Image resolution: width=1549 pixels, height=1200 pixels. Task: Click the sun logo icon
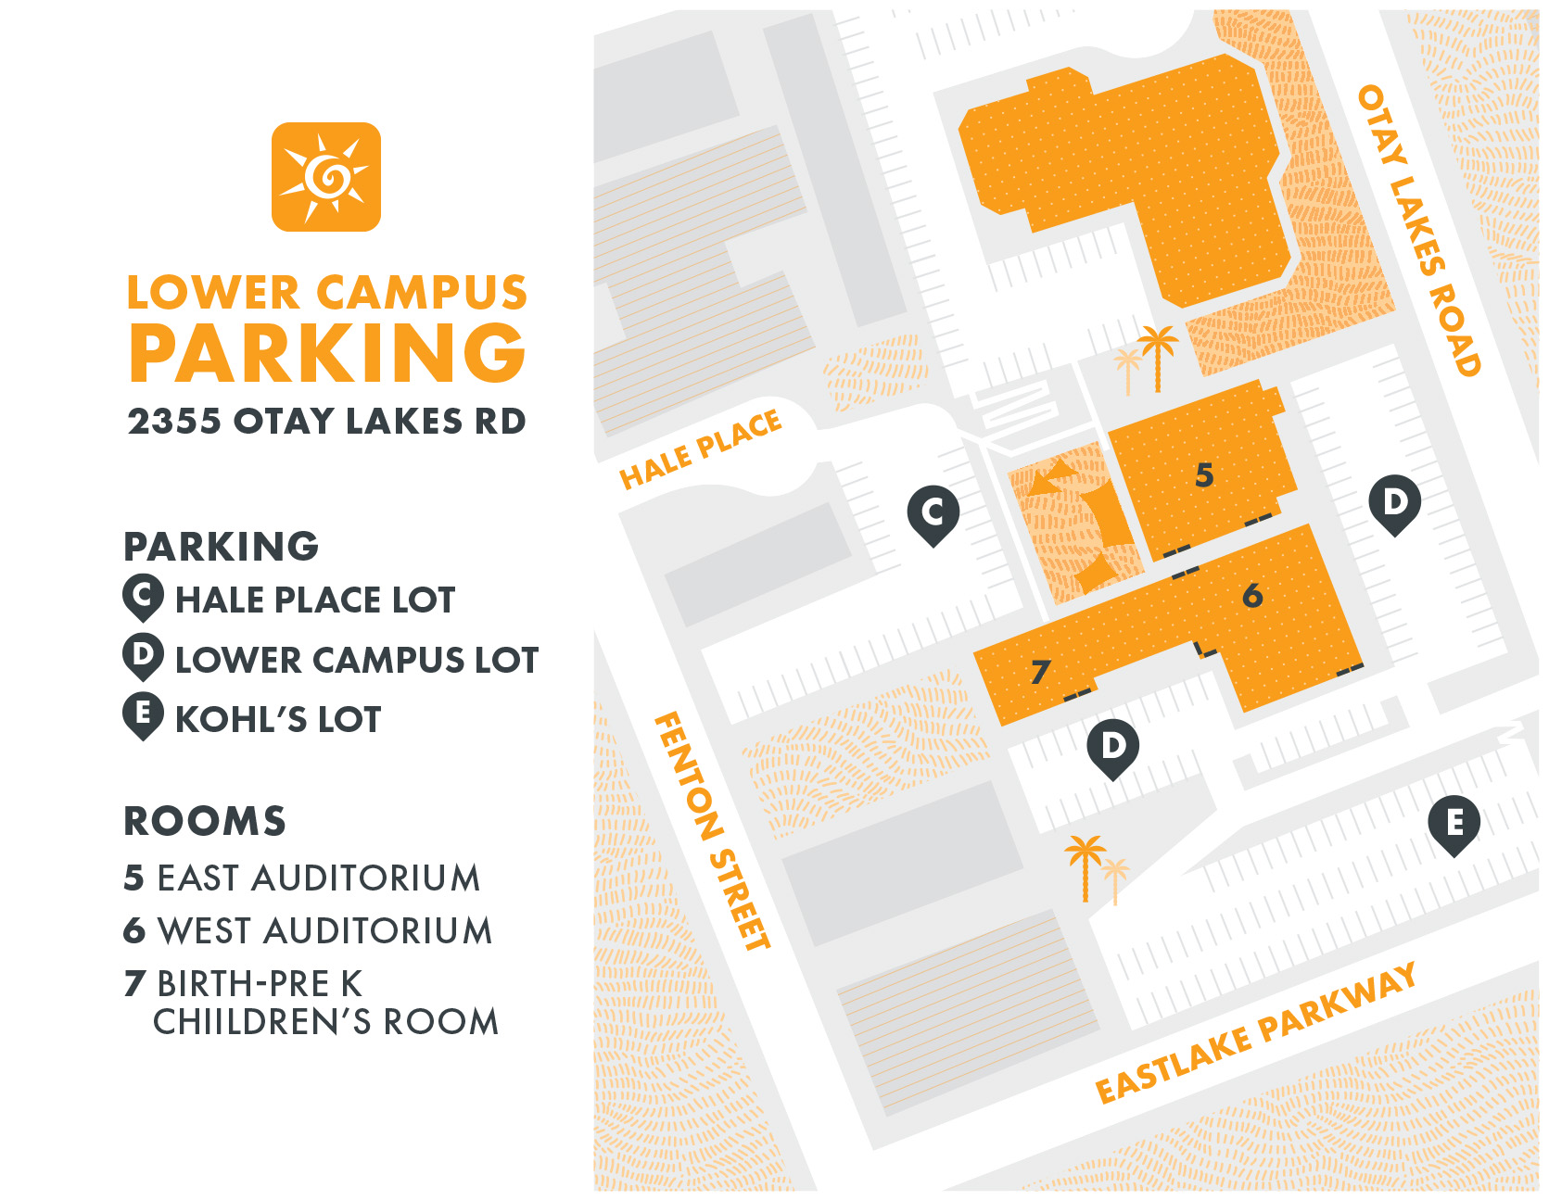click(x=325, y=176)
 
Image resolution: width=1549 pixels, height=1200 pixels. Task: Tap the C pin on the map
click(x=933, y=512)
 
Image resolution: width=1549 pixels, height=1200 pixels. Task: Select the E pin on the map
click(x=1454, y=823)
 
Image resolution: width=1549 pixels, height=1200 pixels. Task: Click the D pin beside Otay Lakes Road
click(x=1394, y=503)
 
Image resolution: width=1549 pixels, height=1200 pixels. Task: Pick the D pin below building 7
click(x=1112, y=747)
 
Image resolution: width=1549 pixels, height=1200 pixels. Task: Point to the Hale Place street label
click(x=701, y=449)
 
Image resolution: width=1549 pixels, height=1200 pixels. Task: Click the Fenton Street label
click(x=712, y=830)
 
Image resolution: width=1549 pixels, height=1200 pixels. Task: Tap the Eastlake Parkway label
click(x=1255, y=1034)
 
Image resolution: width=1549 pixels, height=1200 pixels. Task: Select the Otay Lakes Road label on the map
click(x=1418, y=230)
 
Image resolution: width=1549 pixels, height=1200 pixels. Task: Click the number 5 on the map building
click(x=1204, y=475)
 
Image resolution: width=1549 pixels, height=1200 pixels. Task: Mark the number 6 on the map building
click(x=1252, y=595)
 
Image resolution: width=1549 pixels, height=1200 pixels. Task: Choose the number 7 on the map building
click(x=1041, y=671)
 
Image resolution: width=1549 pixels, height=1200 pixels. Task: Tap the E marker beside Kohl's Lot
click(x=143, y=715)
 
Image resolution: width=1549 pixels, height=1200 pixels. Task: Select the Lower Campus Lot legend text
click(x=357, y=660)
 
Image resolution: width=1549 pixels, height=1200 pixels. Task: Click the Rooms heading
click(x=205, y=821)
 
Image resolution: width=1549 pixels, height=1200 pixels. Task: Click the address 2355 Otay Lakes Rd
click(x=326, y=422)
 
